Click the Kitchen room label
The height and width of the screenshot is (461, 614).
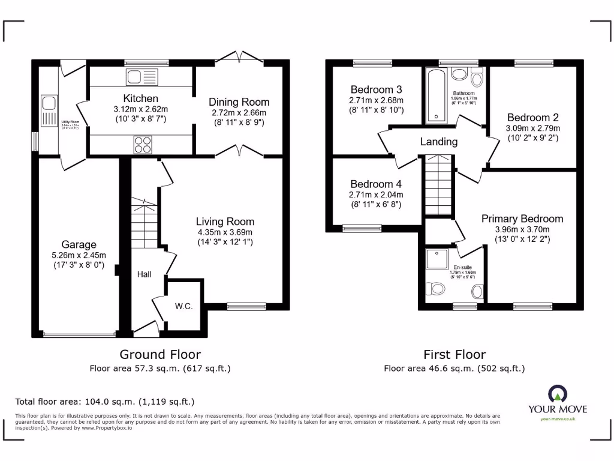click(140, 98)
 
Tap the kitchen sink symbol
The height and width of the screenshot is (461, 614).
click(142, 76)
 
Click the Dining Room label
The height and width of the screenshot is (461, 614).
click(239, 102)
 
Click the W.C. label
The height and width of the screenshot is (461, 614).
click(183, 306)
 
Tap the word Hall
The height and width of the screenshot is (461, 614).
click(143, 274)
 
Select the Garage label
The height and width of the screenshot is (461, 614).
click(79, 244)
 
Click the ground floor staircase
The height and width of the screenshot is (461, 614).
click(144, 222)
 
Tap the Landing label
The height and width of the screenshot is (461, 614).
click(438, 142)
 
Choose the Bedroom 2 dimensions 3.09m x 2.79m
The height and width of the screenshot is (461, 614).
click(533, 128)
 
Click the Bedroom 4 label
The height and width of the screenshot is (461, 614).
click(376, 184)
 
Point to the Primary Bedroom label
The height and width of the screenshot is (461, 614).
click(522, 218)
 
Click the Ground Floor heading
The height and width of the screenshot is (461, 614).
click(160, 354)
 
